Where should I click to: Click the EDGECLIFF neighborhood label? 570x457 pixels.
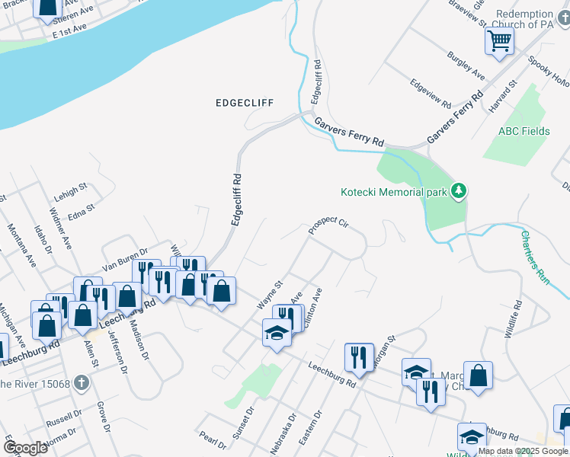(x=244, y=102)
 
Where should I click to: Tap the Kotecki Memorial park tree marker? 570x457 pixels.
(x=458, y=190)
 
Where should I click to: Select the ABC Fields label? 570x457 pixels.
(x=524, y=131)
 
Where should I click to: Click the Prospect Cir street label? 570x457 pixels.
(x=328, y=225)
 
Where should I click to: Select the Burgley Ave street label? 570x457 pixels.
(x=467, y=67)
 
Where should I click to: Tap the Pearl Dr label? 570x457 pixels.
(x=213, y=441)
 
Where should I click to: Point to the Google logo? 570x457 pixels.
(x=25, y=448)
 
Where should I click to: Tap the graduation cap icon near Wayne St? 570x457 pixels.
(x=277, y=332)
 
